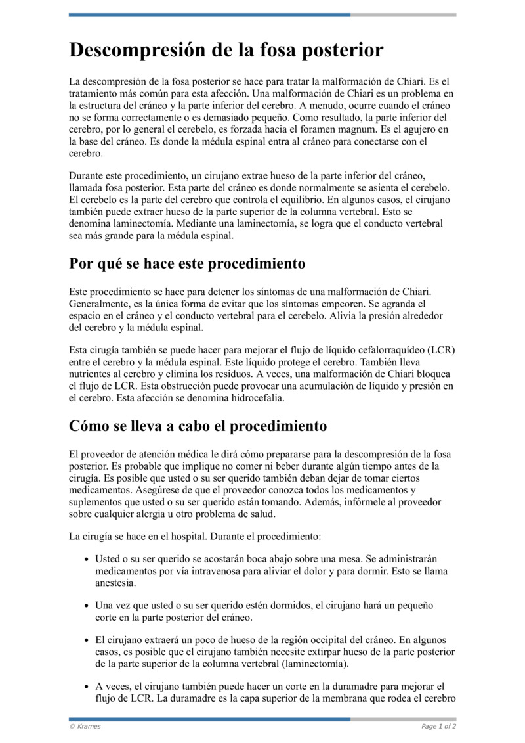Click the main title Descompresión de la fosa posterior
[226, 51]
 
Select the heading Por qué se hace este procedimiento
[187, 264]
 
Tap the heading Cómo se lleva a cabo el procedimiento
[198, 426]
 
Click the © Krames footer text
[85, 726]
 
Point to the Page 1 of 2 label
[438, 726]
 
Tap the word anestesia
[117, 583]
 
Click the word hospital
[186, 536]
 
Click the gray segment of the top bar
[403, 15]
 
